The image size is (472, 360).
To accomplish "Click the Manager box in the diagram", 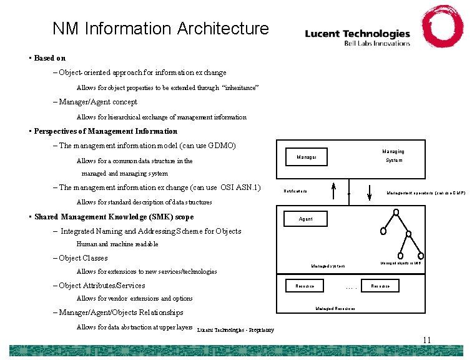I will (x=307, y=156).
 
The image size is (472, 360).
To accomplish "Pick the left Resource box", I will (x=305, y=286).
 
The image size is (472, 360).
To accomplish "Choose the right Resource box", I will (x=380, y=286).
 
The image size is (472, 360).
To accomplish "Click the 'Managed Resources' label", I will (x=335, y=309).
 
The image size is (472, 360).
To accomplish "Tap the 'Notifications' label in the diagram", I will (x=295, y=191).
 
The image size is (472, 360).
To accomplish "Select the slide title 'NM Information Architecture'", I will (x=160, y=29).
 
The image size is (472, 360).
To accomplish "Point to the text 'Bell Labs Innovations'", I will (x=377, y=43).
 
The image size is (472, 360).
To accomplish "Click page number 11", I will (x=426, y=340).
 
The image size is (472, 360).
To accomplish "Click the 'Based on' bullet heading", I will (x=49, y=58).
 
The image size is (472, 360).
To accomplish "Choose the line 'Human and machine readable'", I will (x=117, y=244).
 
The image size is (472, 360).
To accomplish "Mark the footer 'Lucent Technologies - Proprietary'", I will (x=235, y=329).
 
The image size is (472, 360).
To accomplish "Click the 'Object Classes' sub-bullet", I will (x=83, y=258).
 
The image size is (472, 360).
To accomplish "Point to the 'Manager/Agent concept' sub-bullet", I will (x=98, y=102).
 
